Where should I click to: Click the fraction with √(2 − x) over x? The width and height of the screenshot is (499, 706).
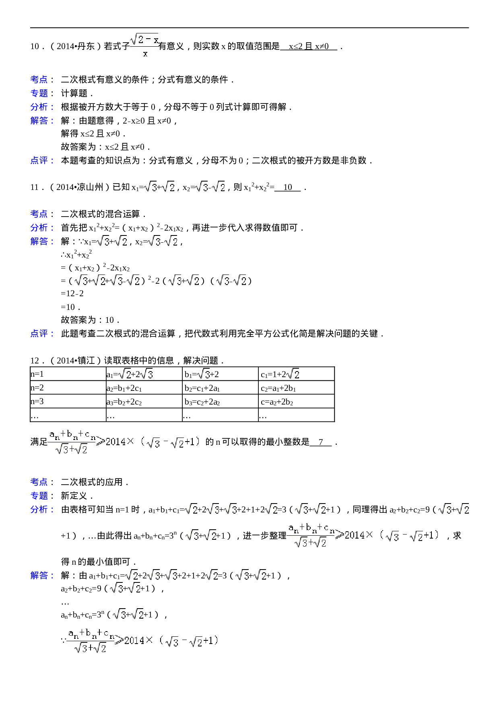[144, 45]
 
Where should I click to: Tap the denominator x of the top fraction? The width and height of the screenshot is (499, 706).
[145, 54]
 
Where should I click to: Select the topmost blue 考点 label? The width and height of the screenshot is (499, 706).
[39, 79]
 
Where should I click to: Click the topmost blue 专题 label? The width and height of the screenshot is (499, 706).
[39, 93]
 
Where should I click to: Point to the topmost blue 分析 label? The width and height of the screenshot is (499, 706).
[42, 107]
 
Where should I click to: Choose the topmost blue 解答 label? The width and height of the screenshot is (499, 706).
[42, 120]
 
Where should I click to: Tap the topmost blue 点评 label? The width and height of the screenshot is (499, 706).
[42, 160]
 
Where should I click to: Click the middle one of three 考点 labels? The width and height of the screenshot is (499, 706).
[39, 214]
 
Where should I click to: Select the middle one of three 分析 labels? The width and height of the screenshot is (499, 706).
[42, 227]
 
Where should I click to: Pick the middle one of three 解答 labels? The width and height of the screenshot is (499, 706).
[42, 241]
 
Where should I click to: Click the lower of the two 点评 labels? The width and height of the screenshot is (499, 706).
[42, 333]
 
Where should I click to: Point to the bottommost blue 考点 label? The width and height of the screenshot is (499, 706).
[39, 482]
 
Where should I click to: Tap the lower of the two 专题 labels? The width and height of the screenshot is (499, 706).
[39, 495]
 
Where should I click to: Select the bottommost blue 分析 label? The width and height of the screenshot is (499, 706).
[42, 509]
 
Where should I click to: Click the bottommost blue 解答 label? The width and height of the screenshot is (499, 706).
[42, 576]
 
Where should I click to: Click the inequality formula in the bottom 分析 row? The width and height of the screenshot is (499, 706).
[365, 535]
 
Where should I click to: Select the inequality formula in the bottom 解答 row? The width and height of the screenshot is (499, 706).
[145, 640]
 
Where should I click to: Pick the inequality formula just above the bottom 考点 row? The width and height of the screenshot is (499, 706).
[126, 442]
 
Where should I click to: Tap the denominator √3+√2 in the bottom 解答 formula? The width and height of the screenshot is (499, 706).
[91, 648]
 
